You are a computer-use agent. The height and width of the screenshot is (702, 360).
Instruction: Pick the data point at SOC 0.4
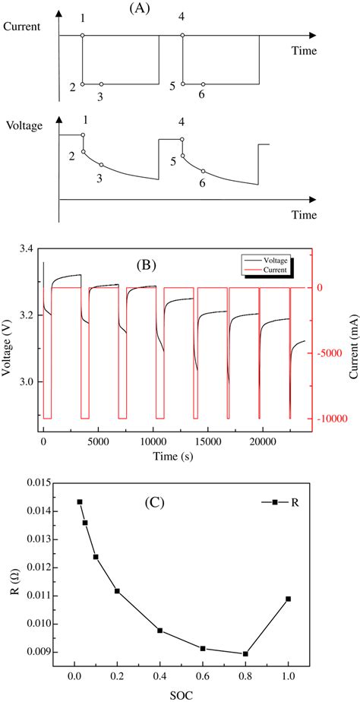click(159, 631)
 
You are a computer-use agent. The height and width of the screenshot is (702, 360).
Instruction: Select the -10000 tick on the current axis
click(321, 419)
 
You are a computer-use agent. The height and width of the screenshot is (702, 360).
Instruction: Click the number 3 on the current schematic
click(100, 96)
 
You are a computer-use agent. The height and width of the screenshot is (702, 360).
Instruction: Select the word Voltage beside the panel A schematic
click(22, 123)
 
